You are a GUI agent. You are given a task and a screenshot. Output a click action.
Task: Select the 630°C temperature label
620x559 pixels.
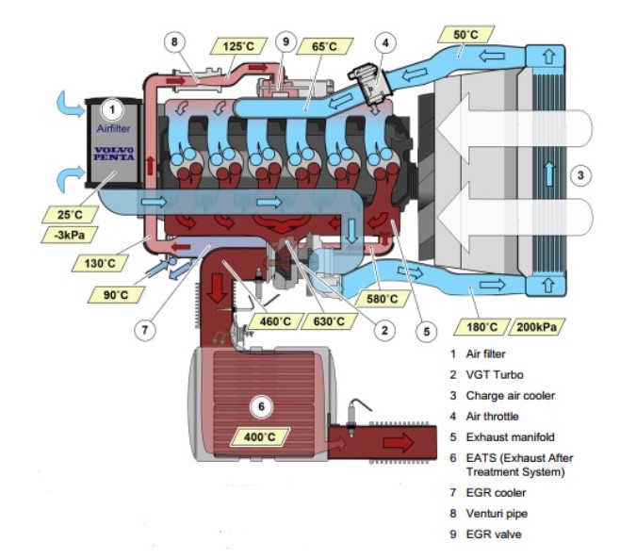point(328,321)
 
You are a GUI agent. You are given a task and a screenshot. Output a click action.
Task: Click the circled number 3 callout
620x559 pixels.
point(582,173)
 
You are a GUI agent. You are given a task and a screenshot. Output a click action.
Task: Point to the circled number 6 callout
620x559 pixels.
point(263,406)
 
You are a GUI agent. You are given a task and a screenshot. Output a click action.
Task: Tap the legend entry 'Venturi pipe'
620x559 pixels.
point(504,514)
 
